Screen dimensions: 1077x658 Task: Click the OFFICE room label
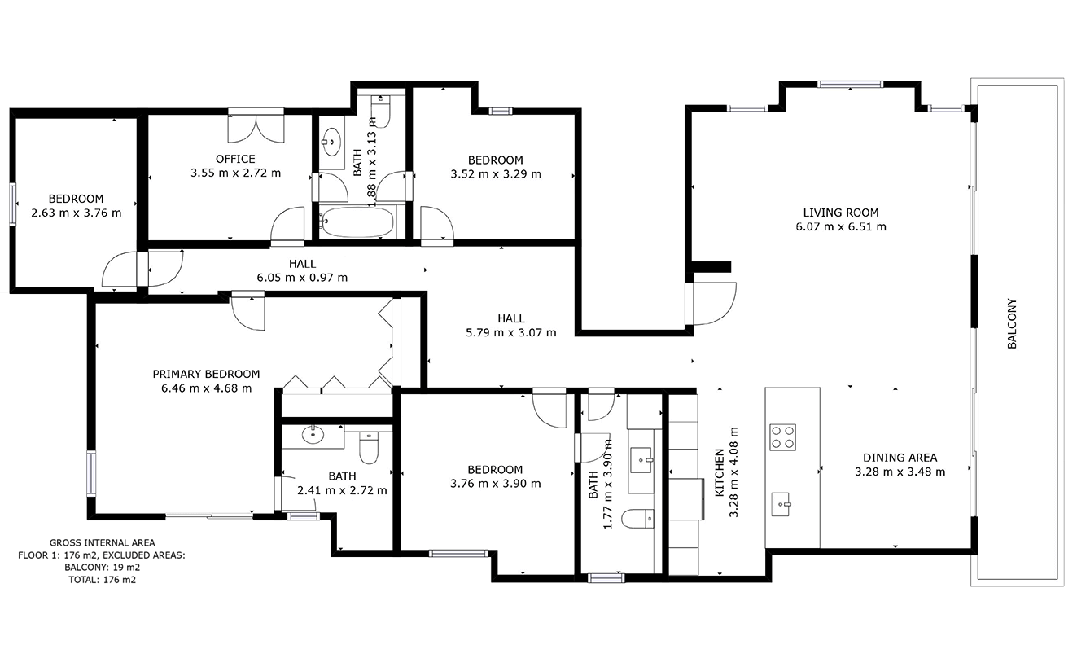pyautogui.click(x=235, y=159)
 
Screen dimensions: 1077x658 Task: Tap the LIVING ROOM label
pyautogui.click(x=840, y=213)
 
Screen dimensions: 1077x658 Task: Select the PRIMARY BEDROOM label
pyautogui.click(x=206, y=375)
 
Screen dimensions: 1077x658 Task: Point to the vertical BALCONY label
pyautogui.click(x=1012, y=324)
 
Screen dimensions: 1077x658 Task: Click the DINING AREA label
pyautogui.click(x=900, y=458)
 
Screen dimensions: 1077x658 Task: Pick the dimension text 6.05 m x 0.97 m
pyautogui.click(x=302, y=278)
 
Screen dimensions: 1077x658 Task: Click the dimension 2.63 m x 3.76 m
pyautogui.click(x=77, y=213)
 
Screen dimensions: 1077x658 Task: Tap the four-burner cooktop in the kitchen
pyautogui.click(x=783, y=437)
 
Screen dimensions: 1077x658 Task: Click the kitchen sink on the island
pyautogui.click(x=781, y=504)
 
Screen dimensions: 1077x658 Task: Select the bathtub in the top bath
pyautogui.click(x=357, y=222)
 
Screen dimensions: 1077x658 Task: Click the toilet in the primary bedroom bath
pyautogui.click(x=369, y=447)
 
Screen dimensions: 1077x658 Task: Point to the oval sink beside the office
pyautogui.click(x=331, y=143)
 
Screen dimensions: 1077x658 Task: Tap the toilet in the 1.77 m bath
pyautogui.click(x=637, y=519)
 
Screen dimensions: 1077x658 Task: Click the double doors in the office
pyautogui.click(x=256, y=129)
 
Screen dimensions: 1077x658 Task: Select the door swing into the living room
pyautogui.click(x=715, y=304)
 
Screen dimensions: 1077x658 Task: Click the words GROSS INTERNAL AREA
pyautogui.click(x=102, y=543)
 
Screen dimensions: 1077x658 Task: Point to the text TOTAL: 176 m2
pyautogui.click(x=102, y=580)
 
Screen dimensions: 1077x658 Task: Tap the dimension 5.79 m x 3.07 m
pyautogui.click(x=511, y=332)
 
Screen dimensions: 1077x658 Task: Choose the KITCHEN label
pyautogui.click(x=720, y=473)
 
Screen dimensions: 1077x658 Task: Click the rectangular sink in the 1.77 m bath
pyautogui.click(x=641, y=460)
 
